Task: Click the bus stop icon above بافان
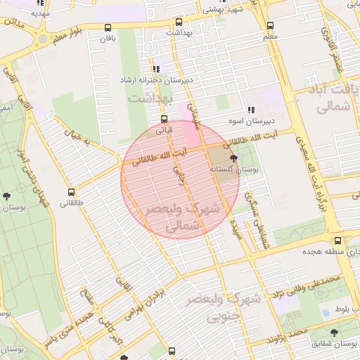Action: (x=108, y=28)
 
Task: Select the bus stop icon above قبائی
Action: (x=164, y=119)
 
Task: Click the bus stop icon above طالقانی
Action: (x=71, y=192)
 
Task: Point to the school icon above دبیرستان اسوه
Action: (x=251, y=110)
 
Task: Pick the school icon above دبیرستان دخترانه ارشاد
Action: (x=155, y=69)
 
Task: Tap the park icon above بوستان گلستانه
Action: (x=233, y=159)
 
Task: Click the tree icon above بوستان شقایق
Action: (x=333, y=333)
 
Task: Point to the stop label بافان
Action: (x=107, y=39)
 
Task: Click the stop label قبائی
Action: (x=163, y=130)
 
